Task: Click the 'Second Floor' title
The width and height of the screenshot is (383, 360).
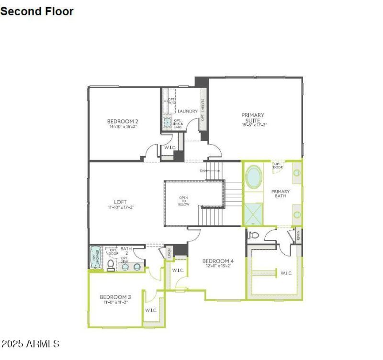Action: [37, 11]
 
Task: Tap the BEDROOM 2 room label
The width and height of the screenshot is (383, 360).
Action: [123, 121]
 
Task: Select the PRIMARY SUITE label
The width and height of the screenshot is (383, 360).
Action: [253, 115]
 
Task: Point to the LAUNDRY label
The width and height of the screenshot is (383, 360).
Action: [188, 112]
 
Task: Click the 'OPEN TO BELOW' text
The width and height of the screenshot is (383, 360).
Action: [184, 201]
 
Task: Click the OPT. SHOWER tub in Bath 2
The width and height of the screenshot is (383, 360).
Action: [94, 259]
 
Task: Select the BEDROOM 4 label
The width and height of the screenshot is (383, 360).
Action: [218, 261]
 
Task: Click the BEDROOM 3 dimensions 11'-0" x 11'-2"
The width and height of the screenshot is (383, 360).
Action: [115, 303]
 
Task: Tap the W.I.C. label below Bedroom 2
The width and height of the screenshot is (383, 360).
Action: [170, 148]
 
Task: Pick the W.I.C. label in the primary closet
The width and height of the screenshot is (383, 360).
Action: [286, 273]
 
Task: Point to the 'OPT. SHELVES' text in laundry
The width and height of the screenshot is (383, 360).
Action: [203, 110]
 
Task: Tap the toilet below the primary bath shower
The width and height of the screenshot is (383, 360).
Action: [254, 235]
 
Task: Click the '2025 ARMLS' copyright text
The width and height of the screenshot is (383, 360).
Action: [31, 344]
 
